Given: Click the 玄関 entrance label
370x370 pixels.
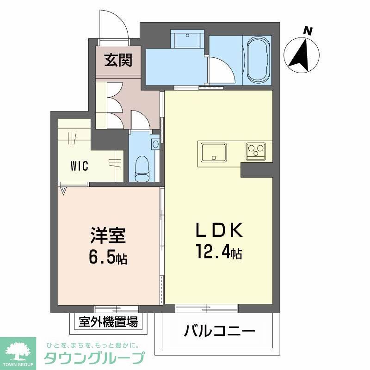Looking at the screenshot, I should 118,61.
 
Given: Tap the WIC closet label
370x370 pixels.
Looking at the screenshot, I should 80,166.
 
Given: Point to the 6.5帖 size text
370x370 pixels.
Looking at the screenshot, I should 109,258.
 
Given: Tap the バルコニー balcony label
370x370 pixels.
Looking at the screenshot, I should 220,331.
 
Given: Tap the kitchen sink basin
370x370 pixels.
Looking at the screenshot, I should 213,151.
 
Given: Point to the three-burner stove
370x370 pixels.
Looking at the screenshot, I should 255,151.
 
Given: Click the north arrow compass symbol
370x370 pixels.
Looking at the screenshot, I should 302,55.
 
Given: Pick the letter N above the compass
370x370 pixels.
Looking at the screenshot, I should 307,31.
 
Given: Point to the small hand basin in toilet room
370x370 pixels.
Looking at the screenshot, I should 155,144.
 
